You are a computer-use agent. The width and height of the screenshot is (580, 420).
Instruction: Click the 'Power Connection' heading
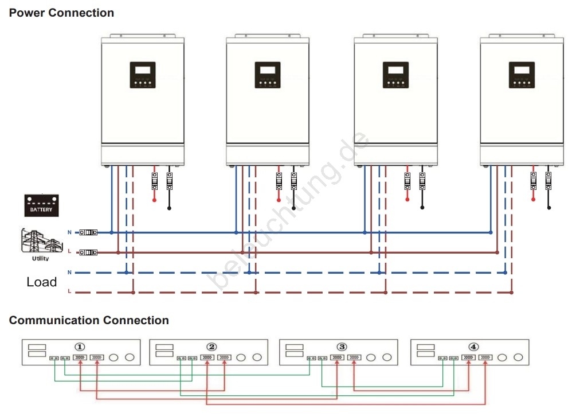tap(61, 13)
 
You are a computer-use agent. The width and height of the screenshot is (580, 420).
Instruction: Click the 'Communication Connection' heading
tap(89, 320)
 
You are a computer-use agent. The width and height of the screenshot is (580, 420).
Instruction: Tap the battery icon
tap(42, 205)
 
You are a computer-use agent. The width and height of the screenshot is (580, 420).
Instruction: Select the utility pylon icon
tap(40, 242)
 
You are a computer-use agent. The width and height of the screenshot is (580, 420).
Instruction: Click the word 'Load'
tap(42, 282)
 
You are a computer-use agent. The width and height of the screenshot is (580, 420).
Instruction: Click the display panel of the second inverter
tap(268, 75)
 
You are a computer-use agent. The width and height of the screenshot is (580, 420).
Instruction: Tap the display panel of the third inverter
tap(395, 75)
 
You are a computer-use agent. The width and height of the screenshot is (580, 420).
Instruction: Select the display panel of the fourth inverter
tap(522, 75)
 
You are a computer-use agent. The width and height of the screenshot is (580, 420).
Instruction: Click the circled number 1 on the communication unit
tap(80, 347)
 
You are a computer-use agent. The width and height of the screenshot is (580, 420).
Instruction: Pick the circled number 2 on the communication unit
tap(212, 347)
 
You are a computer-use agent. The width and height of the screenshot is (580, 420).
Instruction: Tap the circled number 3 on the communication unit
tap(342, 347)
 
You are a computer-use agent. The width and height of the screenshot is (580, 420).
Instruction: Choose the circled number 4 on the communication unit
tap(473, 347)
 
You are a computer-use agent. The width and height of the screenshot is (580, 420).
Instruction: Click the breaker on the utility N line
tap(88, 232)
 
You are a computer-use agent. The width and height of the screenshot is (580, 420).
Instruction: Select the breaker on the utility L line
tap(88, 252)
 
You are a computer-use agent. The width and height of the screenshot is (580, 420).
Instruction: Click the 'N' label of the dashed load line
tap(69, 271)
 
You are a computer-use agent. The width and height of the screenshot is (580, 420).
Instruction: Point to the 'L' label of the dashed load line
tap(69, 291)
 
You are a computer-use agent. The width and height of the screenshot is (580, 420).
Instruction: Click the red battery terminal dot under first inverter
tap(154, 200)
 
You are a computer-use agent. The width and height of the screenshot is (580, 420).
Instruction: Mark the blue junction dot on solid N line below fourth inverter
tap(491, 232)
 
